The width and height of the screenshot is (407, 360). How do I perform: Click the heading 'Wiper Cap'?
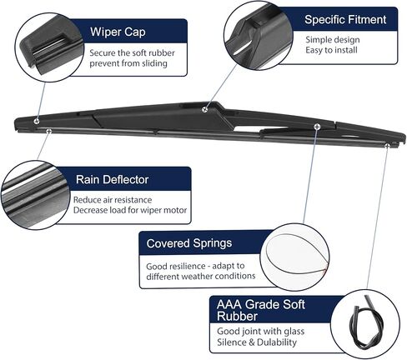point(118,32)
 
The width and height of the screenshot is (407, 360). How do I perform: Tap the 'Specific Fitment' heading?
point(345,19)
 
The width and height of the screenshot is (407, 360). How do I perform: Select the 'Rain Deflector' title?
point(112,179)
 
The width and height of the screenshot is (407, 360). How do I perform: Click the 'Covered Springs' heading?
point(189,243)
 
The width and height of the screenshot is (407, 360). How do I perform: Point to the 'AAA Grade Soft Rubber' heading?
point(261,310)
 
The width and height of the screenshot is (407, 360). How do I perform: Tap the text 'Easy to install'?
point(331,50)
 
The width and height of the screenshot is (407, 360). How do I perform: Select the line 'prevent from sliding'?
point(128,63)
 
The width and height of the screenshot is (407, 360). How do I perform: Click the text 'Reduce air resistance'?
point(113,200)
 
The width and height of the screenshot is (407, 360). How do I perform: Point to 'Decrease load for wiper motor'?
point(130,210)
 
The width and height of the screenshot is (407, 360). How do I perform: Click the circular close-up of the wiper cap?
point(49,47)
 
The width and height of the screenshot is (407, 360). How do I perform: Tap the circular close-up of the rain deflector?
point(35,195)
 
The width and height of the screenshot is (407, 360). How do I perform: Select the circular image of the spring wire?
point(295,257)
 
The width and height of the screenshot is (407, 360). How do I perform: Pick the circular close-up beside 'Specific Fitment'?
point(258,36)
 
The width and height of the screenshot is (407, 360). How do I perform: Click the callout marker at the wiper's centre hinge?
point(205,109)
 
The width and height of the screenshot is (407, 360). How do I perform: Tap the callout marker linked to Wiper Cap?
point(37,122)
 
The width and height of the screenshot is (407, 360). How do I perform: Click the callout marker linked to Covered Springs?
point(317,127)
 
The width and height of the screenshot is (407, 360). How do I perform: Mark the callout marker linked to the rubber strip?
point(387,146)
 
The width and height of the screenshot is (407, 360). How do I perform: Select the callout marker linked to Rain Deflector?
point(48,131)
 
